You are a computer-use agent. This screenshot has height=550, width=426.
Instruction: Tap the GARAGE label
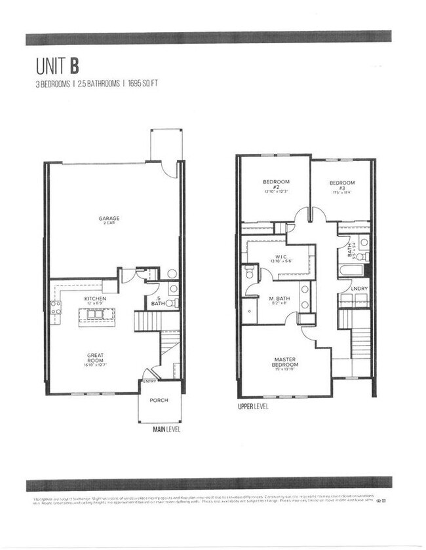tap(109, 219)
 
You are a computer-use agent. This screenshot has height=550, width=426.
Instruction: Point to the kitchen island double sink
tap(96, 316)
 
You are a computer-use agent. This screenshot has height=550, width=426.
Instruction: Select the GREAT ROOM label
tap(95, 358)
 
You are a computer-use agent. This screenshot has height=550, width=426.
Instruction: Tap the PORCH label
tap(159, 400)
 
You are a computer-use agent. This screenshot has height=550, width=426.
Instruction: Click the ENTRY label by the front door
tap(149, 382)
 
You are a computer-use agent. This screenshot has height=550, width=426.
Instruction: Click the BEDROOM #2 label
tap(276, 185)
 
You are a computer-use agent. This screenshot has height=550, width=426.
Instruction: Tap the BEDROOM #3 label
tap(341, 186)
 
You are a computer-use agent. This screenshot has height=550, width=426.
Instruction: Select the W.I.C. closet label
tap(279, 257)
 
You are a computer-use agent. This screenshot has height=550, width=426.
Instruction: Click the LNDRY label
tap(358, 288)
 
